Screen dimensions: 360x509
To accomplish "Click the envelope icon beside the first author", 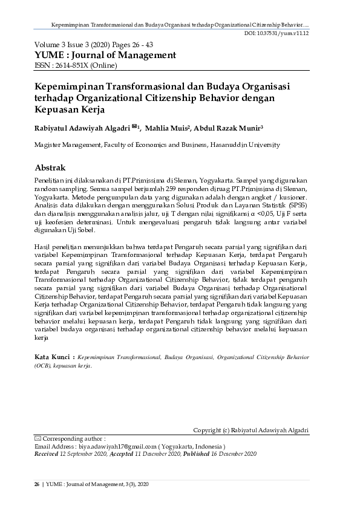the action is (134, 126).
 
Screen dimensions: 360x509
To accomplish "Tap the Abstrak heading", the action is (50, 167).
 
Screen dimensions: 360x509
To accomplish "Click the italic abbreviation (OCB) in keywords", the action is (44, 366).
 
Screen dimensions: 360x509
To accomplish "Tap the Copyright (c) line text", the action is (250, 430).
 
